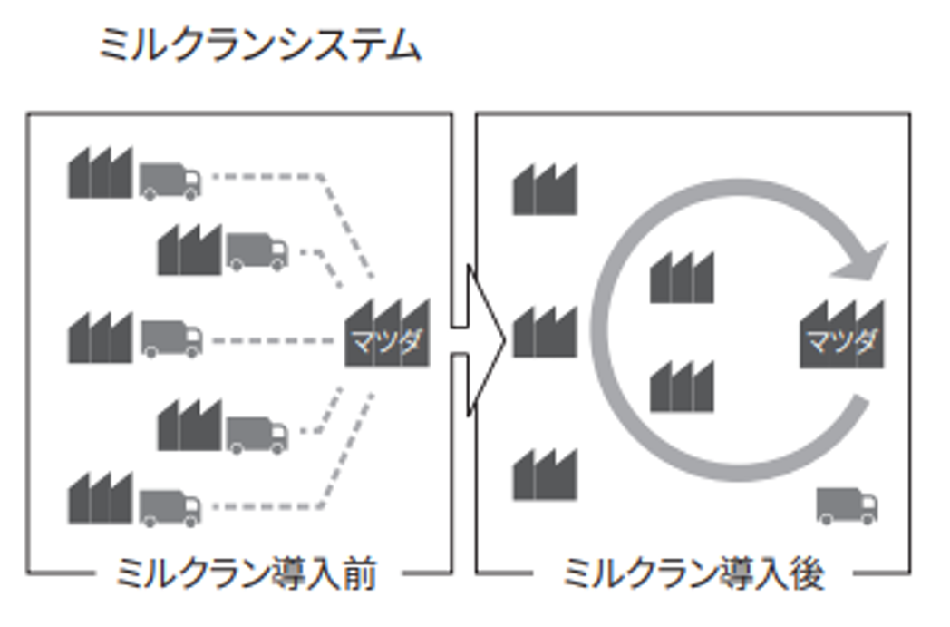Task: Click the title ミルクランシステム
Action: (x=259, y=46)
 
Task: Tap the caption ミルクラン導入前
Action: (x=246, y=574)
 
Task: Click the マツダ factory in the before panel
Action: (x=387, y=334)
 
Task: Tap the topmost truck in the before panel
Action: (x=170, y=180)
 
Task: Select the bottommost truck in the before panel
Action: (x=170, y=506)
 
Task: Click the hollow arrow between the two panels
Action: (x=477, y=340)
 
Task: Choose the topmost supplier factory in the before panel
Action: (x=100, y=173)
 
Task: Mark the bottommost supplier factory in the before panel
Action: (x=100, y=500)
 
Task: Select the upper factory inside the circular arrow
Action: (x=682, y=278)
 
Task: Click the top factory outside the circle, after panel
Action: (x=545, y=190)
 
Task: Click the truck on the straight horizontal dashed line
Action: (x=170, y=338)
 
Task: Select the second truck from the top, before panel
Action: (x=257, y=250)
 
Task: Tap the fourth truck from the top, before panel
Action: (x=257, y=434)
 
